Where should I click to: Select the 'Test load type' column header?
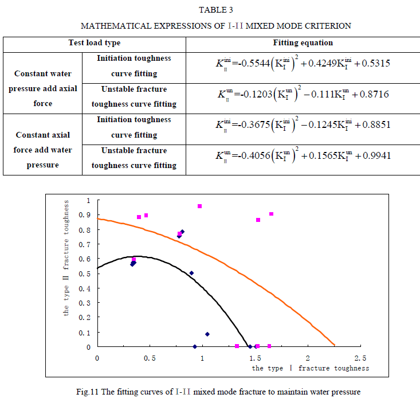[95, 43]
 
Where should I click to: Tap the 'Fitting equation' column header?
[303, 43]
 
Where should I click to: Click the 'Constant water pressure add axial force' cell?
[42, 89]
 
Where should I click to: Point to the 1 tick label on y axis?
[88, 201]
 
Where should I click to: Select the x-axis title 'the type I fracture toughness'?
[310, 368]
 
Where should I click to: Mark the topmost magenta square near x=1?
[199, 206]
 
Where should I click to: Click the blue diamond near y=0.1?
[207, 334]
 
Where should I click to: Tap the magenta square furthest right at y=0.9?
[271, 214]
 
